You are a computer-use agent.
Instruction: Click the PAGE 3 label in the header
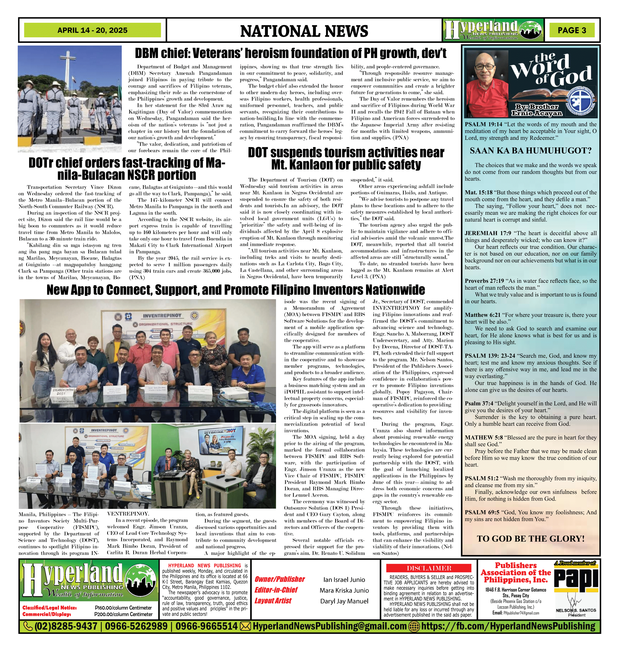tap(572, 30)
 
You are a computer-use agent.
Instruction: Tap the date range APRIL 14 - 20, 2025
tap(92, 30)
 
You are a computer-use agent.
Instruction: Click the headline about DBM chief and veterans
tap(290, 53)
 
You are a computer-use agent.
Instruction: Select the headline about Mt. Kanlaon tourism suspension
tap(346, 158)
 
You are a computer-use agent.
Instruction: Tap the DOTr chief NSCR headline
tap(127, 169)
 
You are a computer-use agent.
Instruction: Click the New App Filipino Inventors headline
tap(236, 290)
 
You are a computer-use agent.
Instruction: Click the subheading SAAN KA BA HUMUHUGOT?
tap(531, 151)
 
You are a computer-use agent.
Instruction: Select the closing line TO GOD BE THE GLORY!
tap(531, 539)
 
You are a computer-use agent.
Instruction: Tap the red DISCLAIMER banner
tap(429, 568)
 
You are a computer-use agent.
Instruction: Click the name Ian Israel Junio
tap(344, 580)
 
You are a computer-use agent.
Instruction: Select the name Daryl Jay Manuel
tap(344, 601)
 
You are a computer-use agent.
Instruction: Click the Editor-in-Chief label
tap(276, 590)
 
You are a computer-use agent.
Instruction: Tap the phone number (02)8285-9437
tap(66, 626)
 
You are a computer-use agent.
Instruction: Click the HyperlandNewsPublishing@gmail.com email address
tap(329, 626)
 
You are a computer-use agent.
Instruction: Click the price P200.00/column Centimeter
tap(123, 614)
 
